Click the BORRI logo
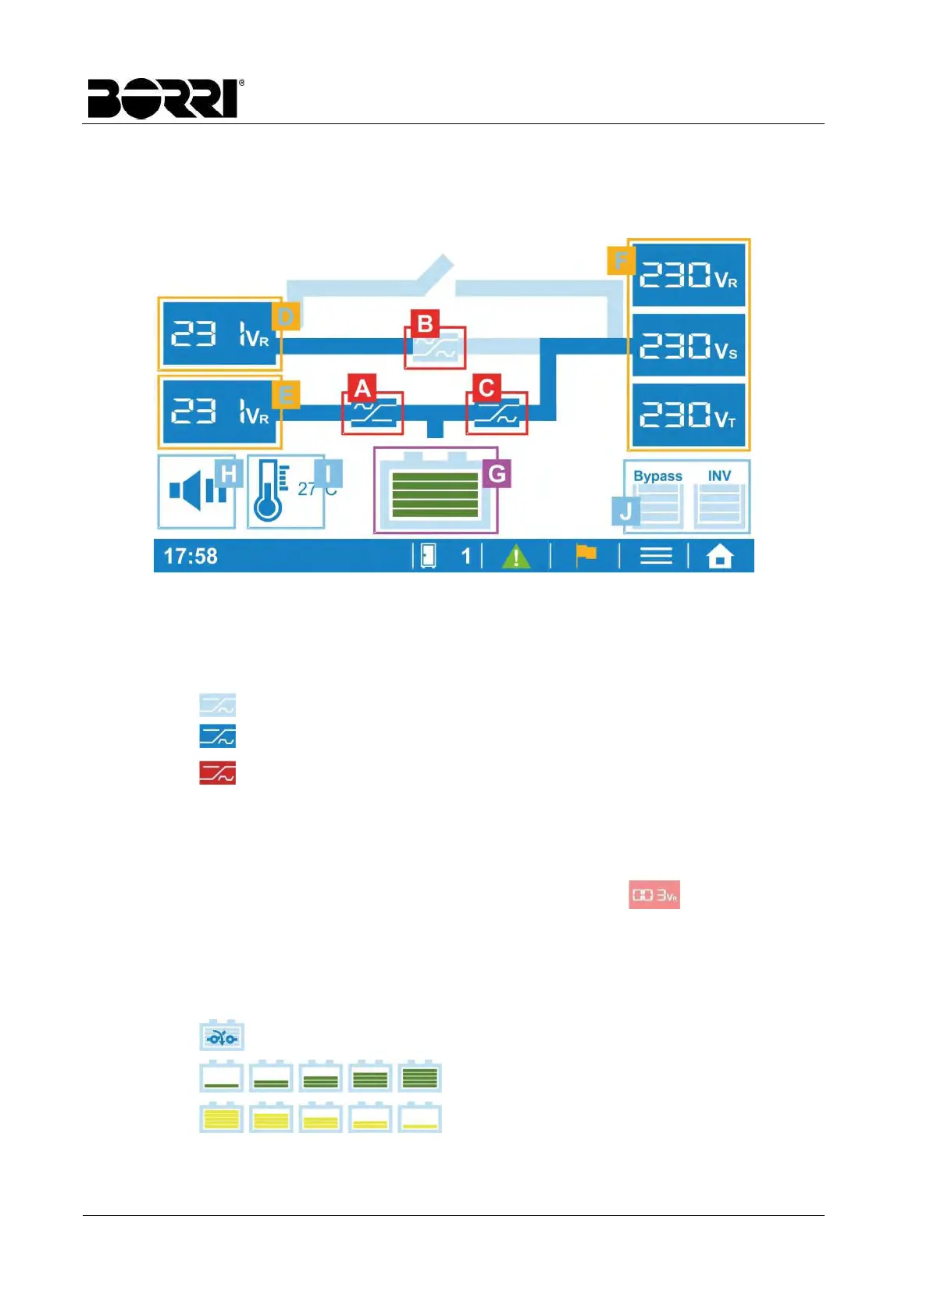[165, 98]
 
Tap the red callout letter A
[362, 388]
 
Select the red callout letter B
[425, 323]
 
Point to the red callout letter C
[486, 388]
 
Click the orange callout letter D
[286, 316]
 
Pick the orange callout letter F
[620, 260]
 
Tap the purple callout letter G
[497, 473]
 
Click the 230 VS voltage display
[688, 345]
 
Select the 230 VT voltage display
[688, 415]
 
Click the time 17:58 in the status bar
[191, 556]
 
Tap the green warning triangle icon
[515, 557]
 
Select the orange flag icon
[586, 555]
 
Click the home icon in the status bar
[720, 557]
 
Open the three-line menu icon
[656, 556]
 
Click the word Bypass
[657, 476]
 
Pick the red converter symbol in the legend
[217, 773]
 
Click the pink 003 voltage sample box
[654, 895]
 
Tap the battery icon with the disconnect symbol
[222, 1036]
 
